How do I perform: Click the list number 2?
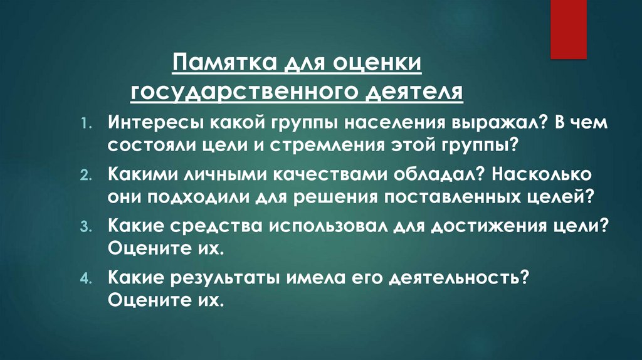click(x=86, y=175)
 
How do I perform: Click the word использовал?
click(x=322, y=226)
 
